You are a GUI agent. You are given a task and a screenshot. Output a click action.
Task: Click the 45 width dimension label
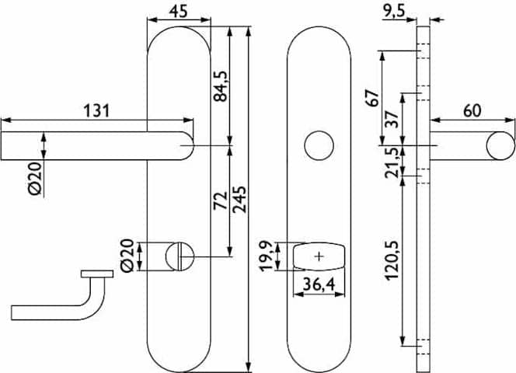178,11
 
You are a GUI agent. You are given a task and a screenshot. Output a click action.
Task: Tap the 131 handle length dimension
96,110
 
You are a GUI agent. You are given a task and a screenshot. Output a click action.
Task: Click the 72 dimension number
221,200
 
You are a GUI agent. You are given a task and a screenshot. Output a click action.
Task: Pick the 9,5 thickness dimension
393,12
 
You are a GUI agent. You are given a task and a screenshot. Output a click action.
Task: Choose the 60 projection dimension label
472,110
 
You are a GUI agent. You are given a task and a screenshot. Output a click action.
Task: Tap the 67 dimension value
373,98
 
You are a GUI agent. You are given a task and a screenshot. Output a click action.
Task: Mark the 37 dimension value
392,119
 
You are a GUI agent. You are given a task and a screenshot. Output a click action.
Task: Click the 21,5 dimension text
392,162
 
